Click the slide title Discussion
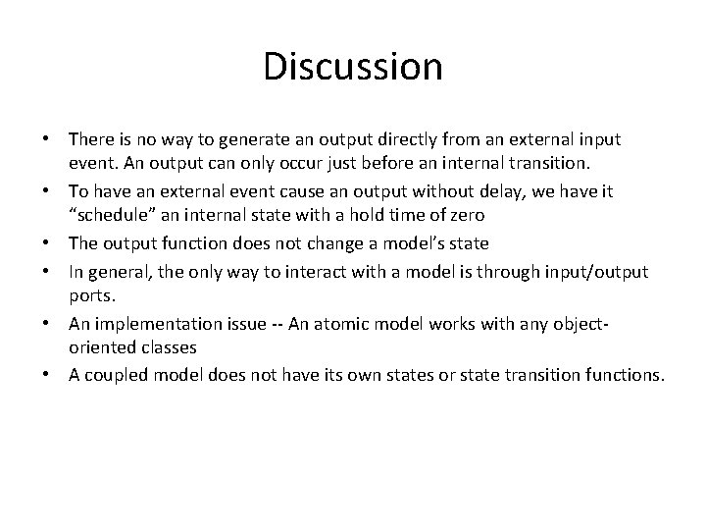pyautogui.click(x=353, y=67)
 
